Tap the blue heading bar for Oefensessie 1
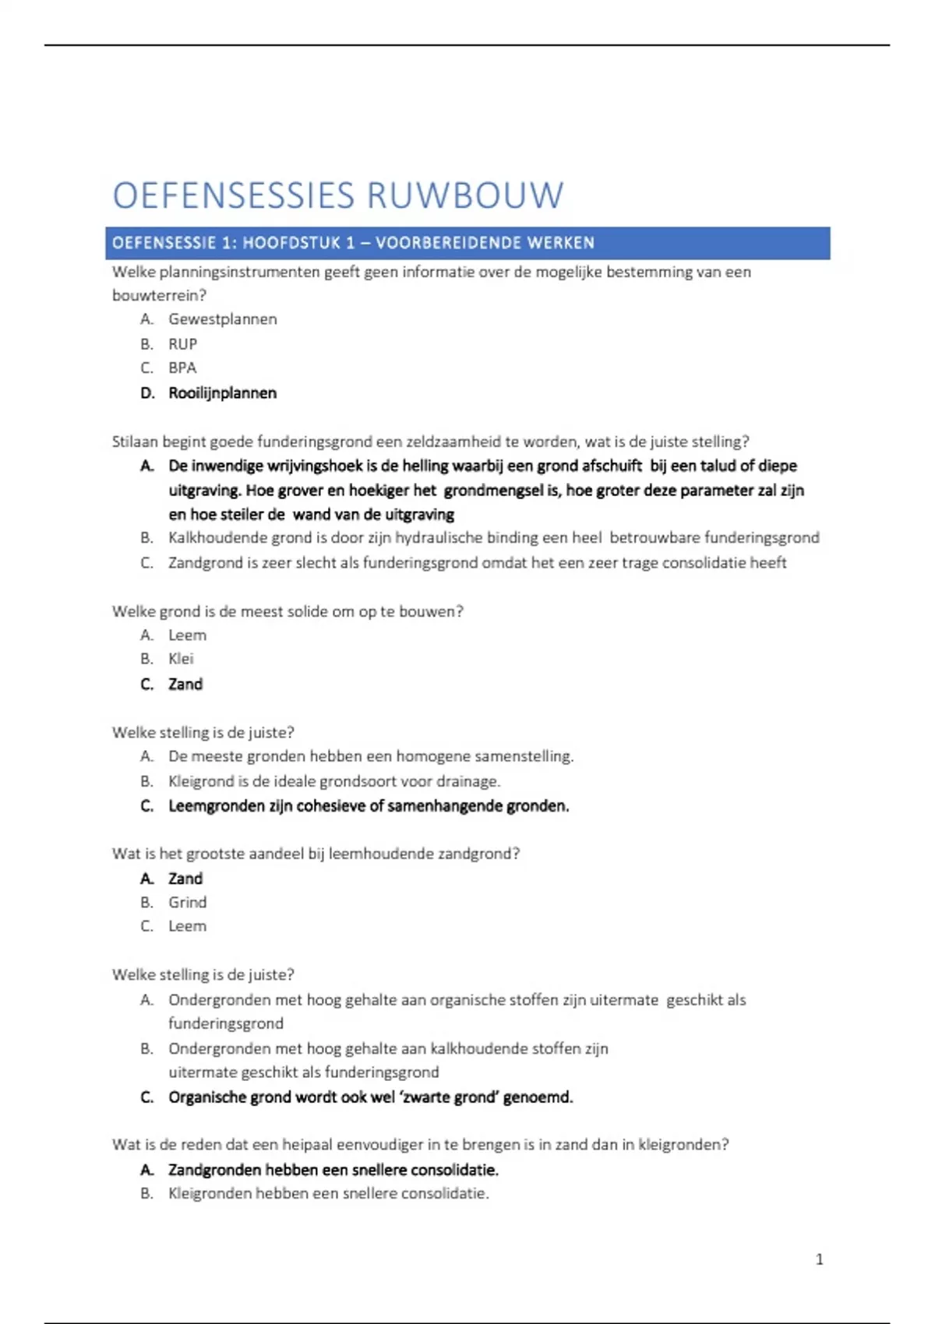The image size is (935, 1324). click(467, 243)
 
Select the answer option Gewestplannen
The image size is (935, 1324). click(222, 319)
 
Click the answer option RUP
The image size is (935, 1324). click(182, 344)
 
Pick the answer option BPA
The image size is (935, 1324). click(182, 368)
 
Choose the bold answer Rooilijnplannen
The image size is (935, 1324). click(222, 393)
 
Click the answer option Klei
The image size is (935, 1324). click(181, 659)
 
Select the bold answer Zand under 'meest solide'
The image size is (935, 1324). click(185, 685)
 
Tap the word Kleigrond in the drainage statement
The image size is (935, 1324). click(200, 781)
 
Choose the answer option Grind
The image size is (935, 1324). click(187, 903)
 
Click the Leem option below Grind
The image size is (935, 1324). click(187, 927)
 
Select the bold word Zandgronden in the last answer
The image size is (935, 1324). click(214, 1170)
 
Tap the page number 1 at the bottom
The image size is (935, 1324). click(819, 1259)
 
